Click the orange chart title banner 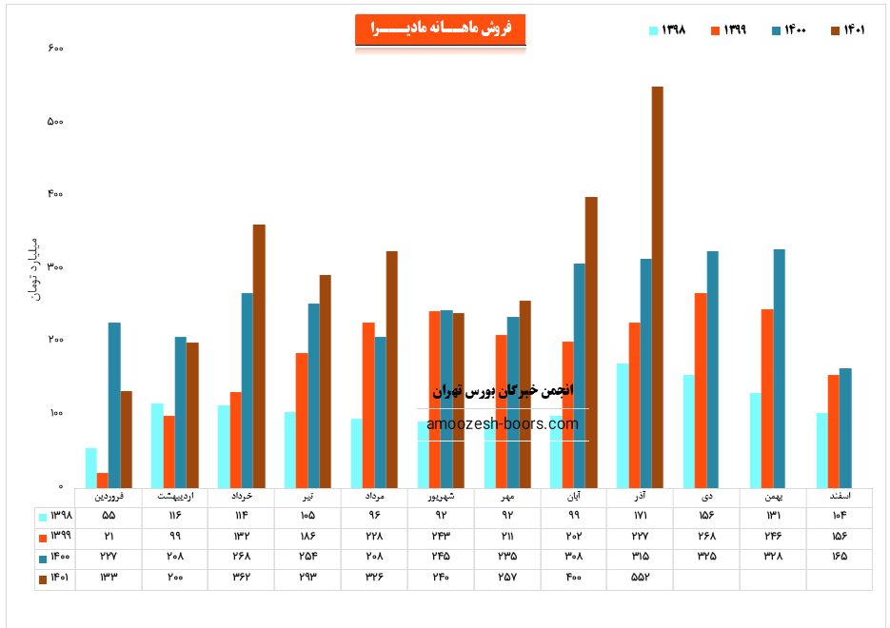pyautogui.click(x=440, y=29)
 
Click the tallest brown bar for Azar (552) pyautogui.click(x=657, y=285)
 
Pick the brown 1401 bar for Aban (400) pyautogui.click(x=591, y=343)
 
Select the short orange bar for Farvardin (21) pyautogui.click(x=103, y=481)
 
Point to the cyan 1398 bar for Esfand pyautogui.click(x=821, y=450)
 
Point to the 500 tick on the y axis pyautogui.click(x=54, y=122)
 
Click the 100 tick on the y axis pyautogui.click(x=54, y=414)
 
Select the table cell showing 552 pyautogui.click(x=639, y=578)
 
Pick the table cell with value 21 pyautogui.click(x=109, y=536)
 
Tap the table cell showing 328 pyautogui.click(x=772, y=557)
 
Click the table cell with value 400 pyautogui.click(x=573, y=578)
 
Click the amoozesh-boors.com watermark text pyautogui.click(x=503, y=424)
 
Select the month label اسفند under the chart pyautogui.click(x=839, y=497)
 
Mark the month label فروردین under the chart pyautogui.click(x=109, y=497)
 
